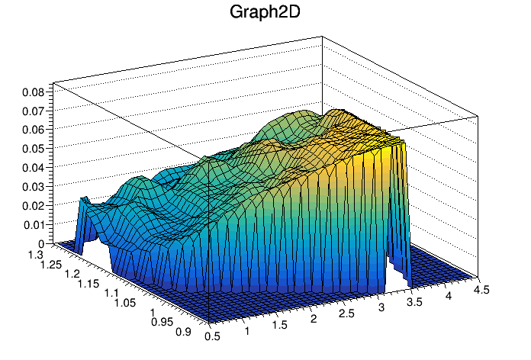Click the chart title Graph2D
click(x=265, y=12)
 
